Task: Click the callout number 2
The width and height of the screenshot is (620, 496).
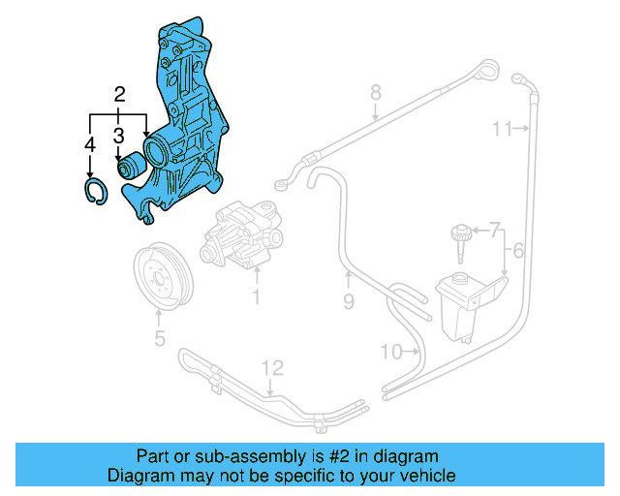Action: (x=119, y=94)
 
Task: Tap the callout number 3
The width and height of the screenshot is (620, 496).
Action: (x=118, y=135)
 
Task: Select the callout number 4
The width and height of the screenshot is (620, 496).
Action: (x=89, y=144)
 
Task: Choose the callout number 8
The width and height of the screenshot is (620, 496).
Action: (x=376, y=94)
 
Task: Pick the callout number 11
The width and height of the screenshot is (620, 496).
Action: (x=501, y=128)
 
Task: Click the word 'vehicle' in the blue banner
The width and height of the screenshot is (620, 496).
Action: (x=415, y=476)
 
